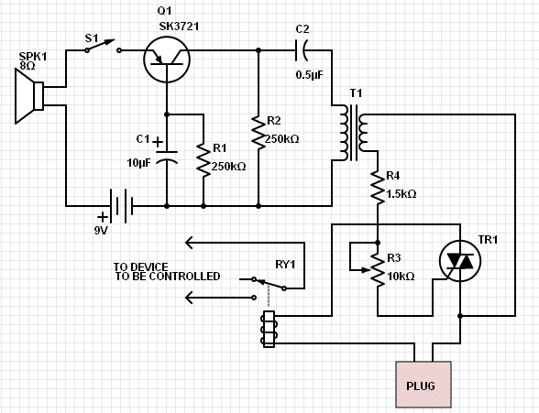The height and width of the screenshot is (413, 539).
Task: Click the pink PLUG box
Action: pyautogui.click(x=423, y=385)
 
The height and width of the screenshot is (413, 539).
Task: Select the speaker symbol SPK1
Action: pyautogui.click(x=29, y=96)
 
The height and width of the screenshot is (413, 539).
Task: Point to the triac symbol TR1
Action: pyautogui.click(x=460, y=261)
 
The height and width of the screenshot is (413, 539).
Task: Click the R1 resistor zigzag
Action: pyautogui.click(x=203, y=160)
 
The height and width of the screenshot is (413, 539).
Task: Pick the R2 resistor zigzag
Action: pyautogui.click(x=258, y=133)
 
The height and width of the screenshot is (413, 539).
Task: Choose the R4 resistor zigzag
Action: pyautogui.click(x=378, y=188)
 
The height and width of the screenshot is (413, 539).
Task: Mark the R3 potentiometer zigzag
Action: pyautogui.click(x=378, y=270)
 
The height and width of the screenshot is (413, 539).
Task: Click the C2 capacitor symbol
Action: pyautogui.click(x=301, y=50)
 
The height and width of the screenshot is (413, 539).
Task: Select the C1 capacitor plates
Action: pyautogui.click(x=167, y=157)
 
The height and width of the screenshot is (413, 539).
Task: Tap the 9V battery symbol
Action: pyautogui.click(x=121, y=206)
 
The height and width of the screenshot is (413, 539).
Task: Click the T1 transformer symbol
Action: pyautogui.click(x=354, y=133)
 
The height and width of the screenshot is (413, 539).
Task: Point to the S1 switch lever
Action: pyautogui.click(x=101, y=45)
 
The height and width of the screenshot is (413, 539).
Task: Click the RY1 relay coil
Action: pyautogui.click(x=269, y=329)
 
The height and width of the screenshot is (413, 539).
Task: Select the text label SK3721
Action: pyautogui.click(x=179, y=27)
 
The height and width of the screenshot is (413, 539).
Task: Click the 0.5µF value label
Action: pyautogui.click(x=310, y=75)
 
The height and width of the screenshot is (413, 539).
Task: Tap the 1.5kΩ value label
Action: pyautogui.click(x=401, y=194)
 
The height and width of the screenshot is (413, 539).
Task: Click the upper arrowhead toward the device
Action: pyautogui.click(x=189, y=243)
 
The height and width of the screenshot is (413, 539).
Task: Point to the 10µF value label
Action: pyautogui.click(x=139, y=163)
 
